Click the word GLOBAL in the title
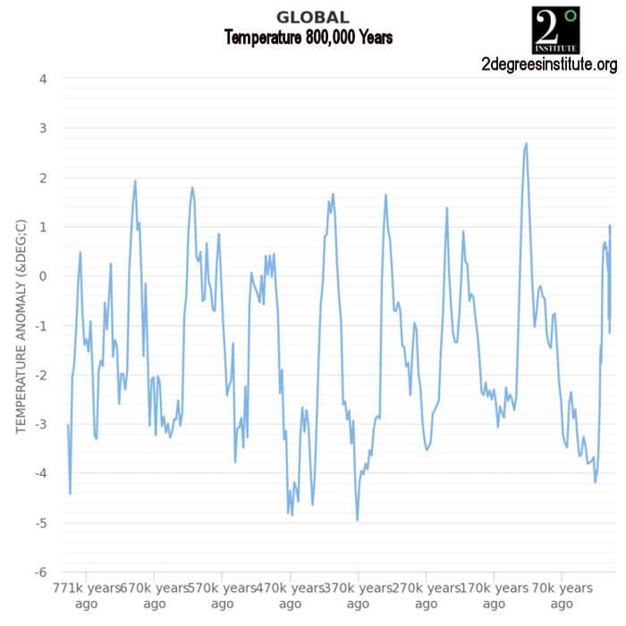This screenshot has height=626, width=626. tap(312, 17)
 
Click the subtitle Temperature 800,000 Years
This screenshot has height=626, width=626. tap(308, 38)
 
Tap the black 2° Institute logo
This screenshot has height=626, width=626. tap(555, 30)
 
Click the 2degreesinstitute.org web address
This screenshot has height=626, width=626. tap(548, 64)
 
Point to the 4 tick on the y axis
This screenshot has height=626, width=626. tap(43, 80)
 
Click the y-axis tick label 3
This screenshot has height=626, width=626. tap(43, 129)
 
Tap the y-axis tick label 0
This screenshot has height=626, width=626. tap(43, 276)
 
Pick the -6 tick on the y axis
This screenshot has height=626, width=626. tap(40, 572)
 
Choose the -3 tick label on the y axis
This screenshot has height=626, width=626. tap(40, 425)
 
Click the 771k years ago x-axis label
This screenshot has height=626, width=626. tap(87, 596)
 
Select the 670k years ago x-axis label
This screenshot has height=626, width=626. tap(154, 596)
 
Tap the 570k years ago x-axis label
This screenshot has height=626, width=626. tap(222, 596)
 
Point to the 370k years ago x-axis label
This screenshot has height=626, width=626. tap(358, 596)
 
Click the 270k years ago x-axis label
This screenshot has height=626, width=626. tap(426, 596)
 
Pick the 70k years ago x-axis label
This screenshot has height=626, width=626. tap(562, 596)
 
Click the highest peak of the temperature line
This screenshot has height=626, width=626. tap(526, 143)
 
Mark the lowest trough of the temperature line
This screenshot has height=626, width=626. tap(357, 520)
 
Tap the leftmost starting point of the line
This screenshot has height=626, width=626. tap(67, 425)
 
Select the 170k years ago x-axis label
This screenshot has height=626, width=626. tap(494, 596)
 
